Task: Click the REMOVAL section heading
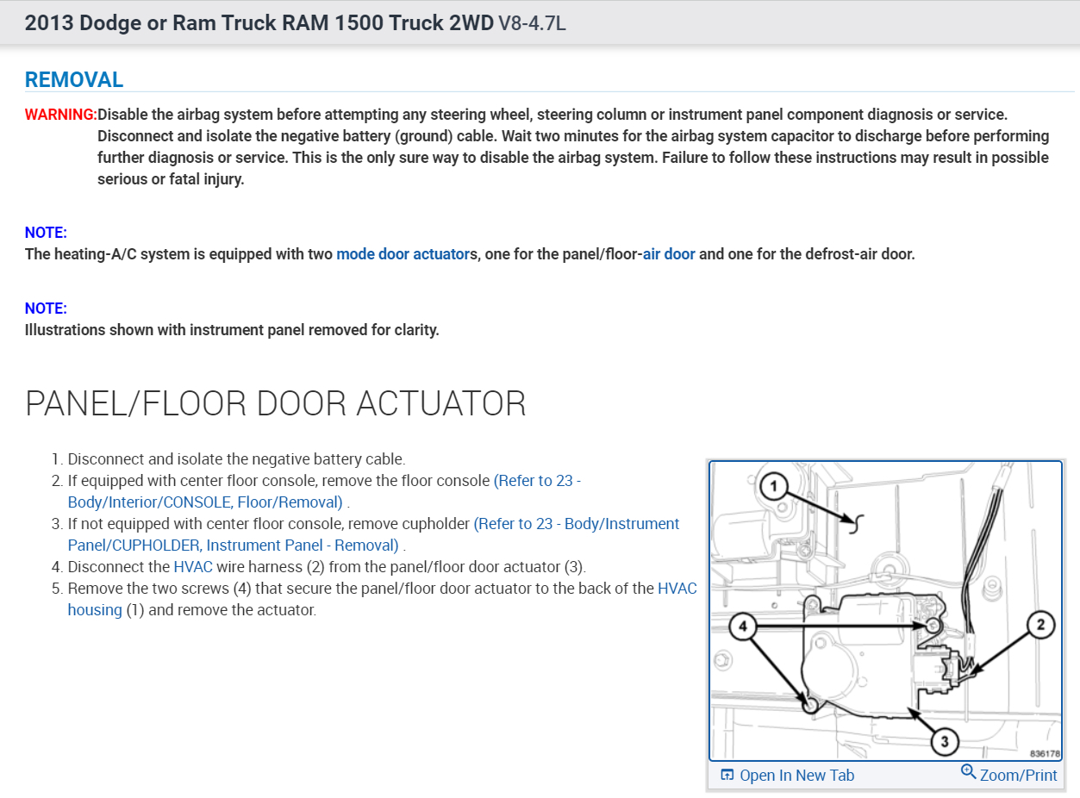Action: click(74, 80)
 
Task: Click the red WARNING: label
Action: click(60, 115)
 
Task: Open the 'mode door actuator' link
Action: click(401, 254)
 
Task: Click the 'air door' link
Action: click(669, 254)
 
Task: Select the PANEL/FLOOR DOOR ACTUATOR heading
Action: click(276, 403)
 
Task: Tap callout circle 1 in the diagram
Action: click(774, 488)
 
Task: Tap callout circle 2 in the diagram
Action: click(1040, 625)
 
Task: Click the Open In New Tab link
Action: click(796, 776)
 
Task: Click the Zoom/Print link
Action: click(1018, 776)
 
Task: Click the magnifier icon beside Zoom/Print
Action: click(969, 772)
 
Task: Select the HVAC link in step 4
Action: click(193, 567)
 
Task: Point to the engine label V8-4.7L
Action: click(532, 23)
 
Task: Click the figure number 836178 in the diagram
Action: click(1044, 752)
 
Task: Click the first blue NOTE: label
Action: click(46, 233)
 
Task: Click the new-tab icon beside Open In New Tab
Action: click(727, 776)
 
